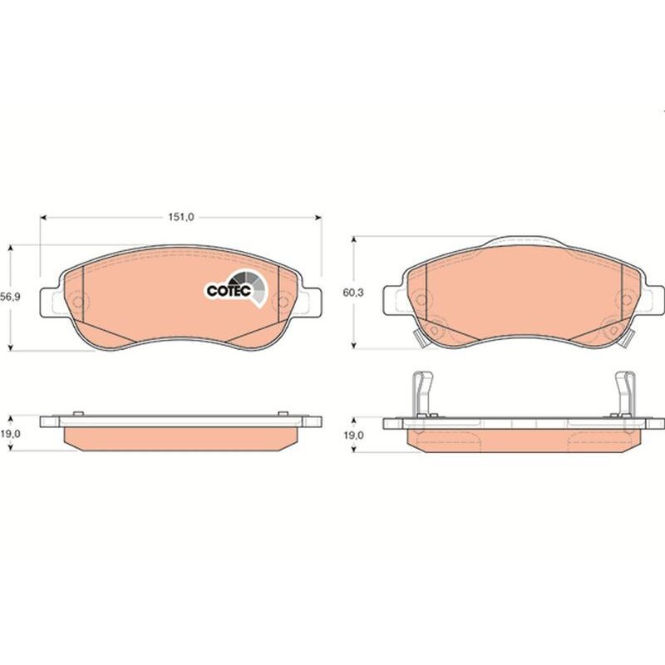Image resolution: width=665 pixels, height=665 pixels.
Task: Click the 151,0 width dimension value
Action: tap(181, 217)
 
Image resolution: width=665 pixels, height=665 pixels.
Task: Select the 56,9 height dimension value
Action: tap(10, 297)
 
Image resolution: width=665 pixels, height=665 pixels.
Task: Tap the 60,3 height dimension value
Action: tap(354, 293)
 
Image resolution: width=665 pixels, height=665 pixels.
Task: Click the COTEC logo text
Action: tap(229, 290)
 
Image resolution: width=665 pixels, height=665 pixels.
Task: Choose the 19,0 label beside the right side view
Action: tap(354, 435)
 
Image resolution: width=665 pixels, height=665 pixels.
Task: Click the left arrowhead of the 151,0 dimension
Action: tap(43, 218)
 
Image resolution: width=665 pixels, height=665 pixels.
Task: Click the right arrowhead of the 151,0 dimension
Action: tap(318, 218)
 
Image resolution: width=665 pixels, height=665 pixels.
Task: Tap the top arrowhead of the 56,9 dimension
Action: tap(11, 248)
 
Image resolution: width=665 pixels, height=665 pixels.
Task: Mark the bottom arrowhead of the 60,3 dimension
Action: tap(355, 345)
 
